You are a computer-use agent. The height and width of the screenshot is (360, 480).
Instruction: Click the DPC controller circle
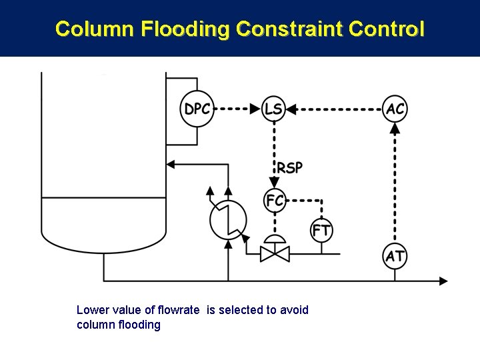197,108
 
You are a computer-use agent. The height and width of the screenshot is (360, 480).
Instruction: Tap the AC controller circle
395,108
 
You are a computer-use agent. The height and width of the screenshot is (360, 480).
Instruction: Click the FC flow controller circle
274,200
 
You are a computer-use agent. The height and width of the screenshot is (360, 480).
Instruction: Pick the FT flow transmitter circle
321,231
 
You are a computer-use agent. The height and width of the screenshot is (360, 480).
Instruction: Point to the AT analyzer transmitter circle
395,256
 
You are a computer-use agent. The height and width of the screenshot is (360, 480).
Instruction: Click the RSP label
290,167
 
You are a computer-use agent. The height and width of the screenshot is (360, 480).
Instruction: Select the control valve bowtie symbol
274,253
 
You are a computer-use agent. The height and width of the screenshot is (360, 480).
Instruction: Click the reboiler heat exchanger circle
228,219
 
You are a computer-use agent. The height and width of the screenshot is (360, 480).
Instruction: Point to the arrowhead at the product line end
442,281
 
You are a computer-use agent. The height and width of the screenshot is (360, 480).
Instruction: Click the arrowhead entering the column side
171,163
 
